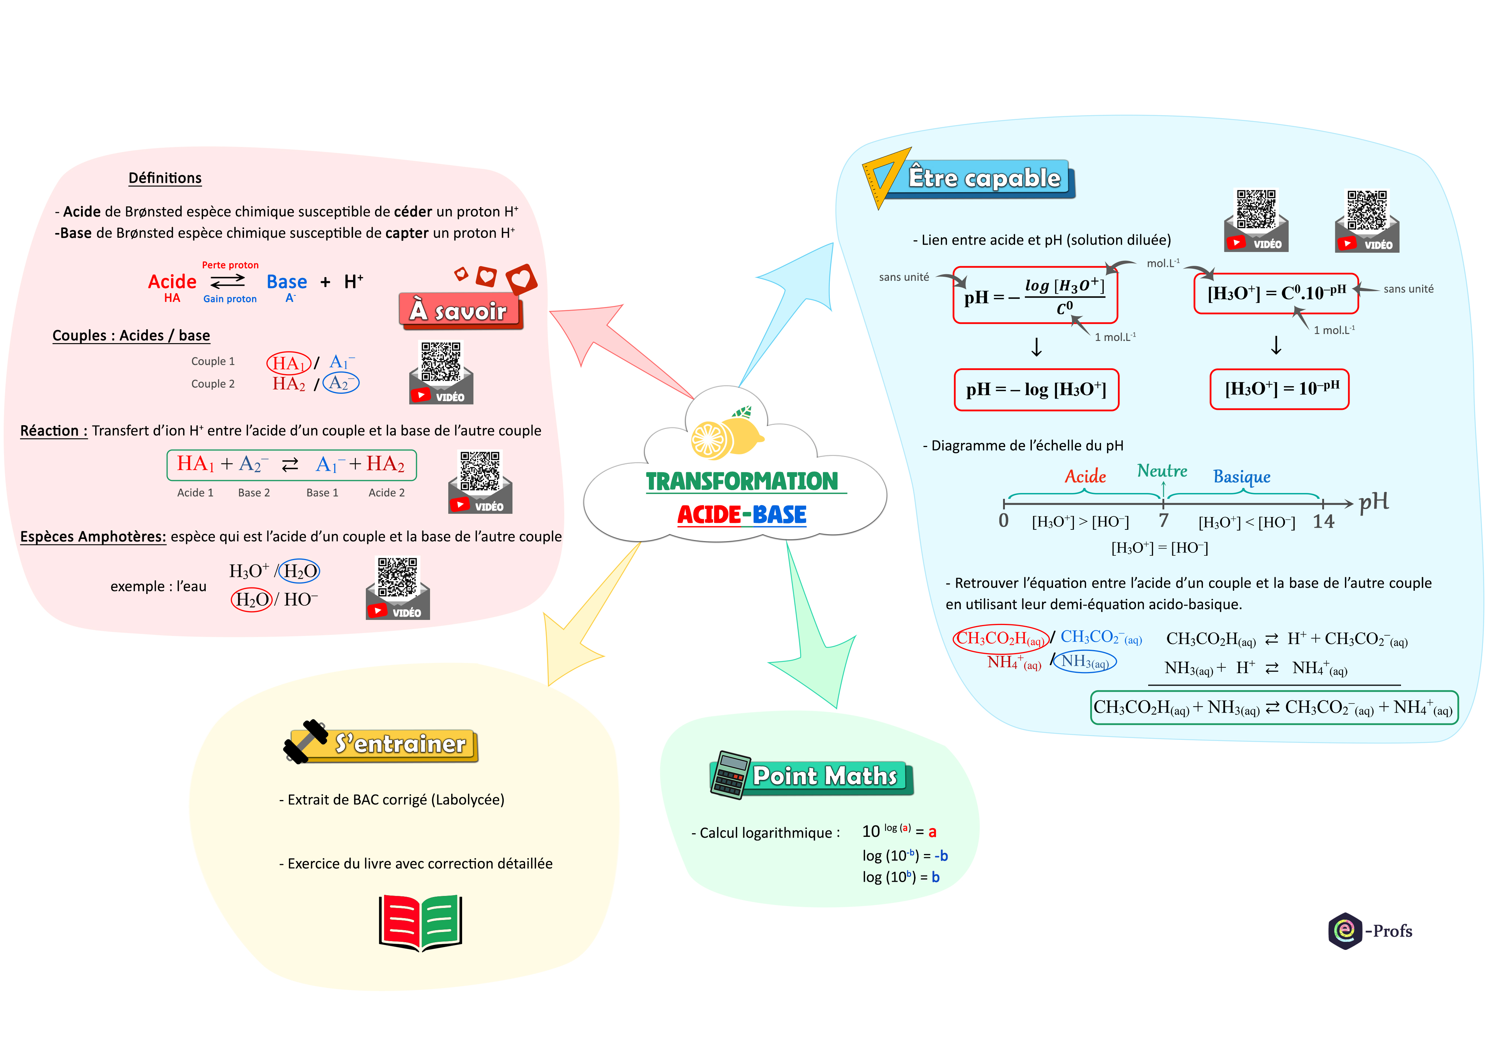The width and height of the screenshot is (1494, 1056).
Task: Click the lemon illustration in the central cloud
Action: [727, 436]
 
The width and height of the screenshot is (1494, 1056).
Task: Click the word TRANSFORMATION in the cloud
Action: [742, 481]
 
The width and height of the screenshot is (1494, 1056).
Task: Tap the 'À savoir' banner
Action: [459, 311]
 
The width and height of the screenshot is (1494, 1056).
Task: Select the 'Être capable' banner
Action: [984, 178]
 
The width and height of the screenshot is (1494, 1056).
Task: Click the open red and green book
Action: [420, 923]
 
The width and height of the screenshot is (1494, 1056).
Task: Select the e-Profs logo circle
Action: [1344, 931]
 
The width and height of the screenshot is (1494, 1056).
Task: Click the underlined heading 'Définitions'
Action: [165, 178]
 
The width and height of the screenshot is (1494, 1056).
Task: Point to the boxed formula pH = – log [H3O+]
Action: [1036, 390]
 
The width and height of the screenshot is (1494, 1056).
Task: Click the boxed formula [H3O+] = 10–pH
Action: [1279, 389]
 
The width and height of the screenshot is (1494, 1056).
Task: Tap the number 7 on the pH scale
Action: [1164, 520]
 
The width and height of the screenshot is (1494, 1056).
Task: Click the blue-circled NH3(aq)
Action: [1085, 662]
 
